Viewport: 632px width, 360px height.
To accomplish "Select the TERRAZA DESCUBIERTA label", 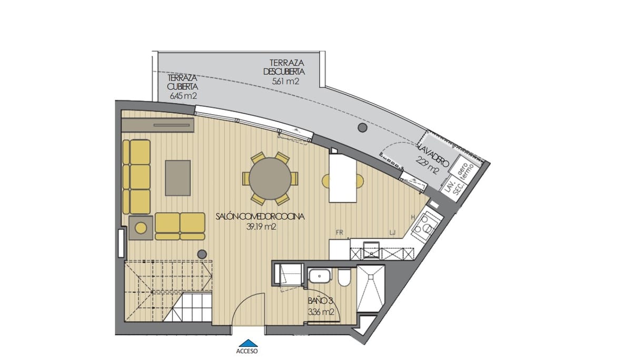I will click(285, 67).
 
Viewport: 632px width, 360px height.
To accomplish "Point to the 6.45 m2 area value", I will click(183, 96).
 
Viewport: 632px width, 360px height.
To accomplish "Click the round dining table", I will click(270, 178).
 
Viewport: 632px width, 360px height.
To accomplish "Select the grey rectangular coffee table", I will click(178, 178).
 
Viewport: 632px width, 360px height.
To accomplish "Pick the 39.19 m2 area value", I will click(262, 227).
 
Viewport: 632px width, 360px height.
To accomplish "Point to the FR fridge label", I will click(340, 231).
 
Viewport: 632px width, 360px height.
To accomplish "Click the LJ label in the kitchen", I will click(392, 231).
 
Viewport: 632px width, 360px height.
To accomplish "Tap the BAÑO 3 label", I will click(320, 302).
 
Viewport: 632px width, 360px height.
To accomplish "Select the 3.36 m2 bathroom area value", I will click(321, 312).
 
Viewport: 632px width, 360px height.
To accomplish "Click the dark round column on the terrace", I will click(362, 127).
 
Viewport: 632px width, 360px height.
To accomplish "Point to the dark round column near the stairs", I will click(202, 254).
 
